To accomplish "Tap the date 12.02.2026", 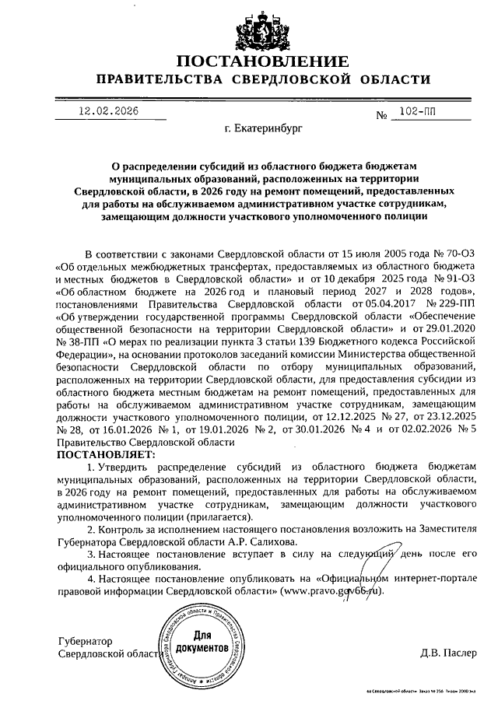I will [x=108, y=111].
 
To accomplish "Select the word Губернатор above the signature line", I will [x=86, y=641].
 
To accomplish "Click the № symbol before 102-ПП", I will [x=381, y=115].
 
